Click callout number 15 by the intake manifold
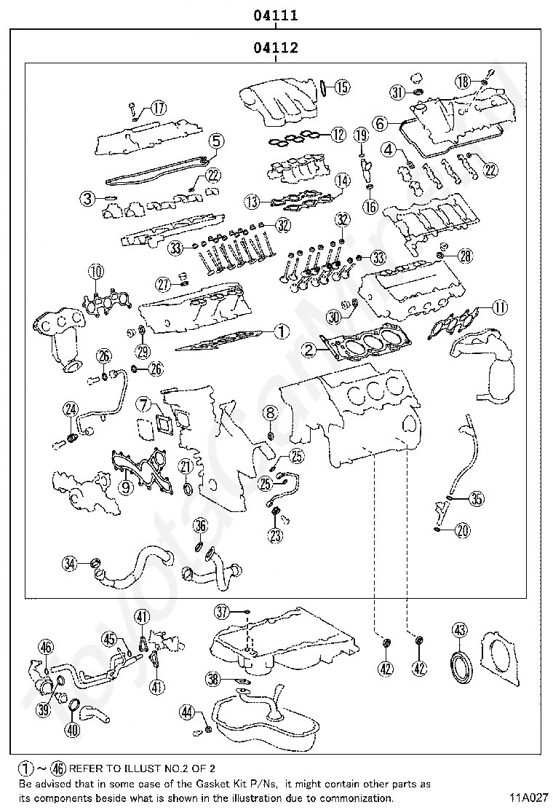341,87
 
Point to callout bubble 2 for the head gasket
310,350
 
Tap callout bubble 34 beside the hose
70,563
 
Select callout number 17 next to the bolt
158,109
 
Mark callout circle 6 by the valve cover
380,124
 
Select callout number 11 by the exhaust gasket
498,307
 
